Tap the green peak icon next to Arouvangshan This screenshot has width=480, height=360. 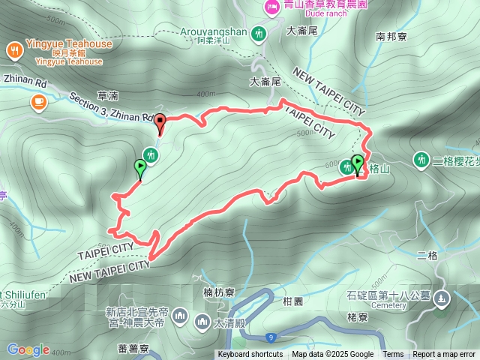259,33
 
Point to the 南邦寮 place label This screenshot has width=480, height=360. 391,36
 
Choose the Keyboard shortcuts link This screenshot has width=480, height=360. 250,355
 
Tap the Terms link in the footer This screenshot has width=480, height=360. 393,355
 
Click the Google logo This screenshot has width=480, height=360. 28,349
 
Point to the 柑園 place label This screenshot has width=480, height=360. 292,301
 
